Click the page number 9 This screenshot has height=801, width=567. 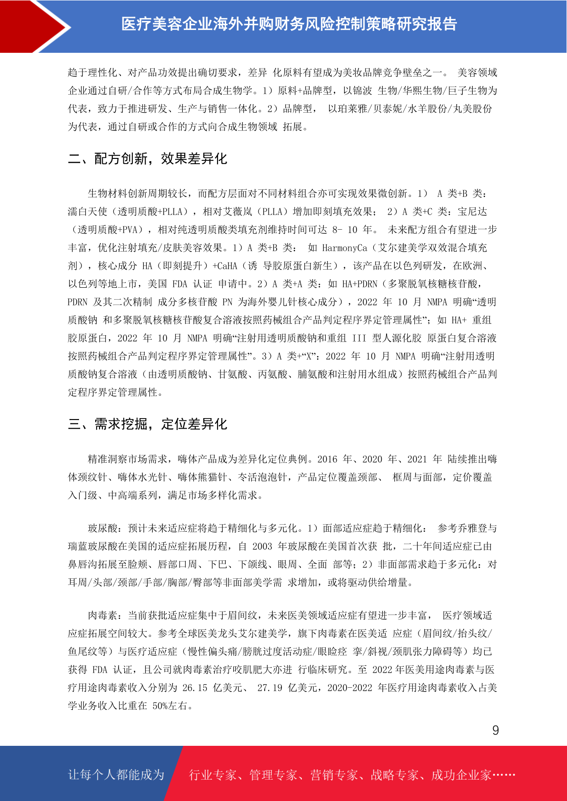pyautogui.click(x=496, y=730)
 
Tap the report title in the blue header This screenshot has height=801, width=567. pyautogui.click(x=289, y=24)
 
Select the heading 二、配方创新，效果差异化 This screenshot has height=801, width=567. pyautogui.click(x=148, y=158)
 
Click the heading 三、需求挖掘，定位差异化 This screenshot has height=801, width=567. pyautogui.click(x=148, y=424)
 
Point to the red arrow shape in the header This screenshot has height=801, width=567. pyautogui.click(x=33, y=26)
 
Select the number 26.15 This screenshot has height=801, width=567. pyautogui.click(x=195, y=688)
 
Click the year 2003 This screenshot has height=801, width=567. pyautogui.click(x=262, y=547)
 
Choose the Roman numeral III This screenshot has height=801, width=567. pyautogui.click(x=359, y=338)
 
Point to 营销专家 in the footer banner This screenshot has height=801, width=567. pyautogui.click(x=334, y=775)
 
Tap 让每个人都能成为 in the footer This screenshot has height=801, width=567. pyautogui.click(x=116, y=775)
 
